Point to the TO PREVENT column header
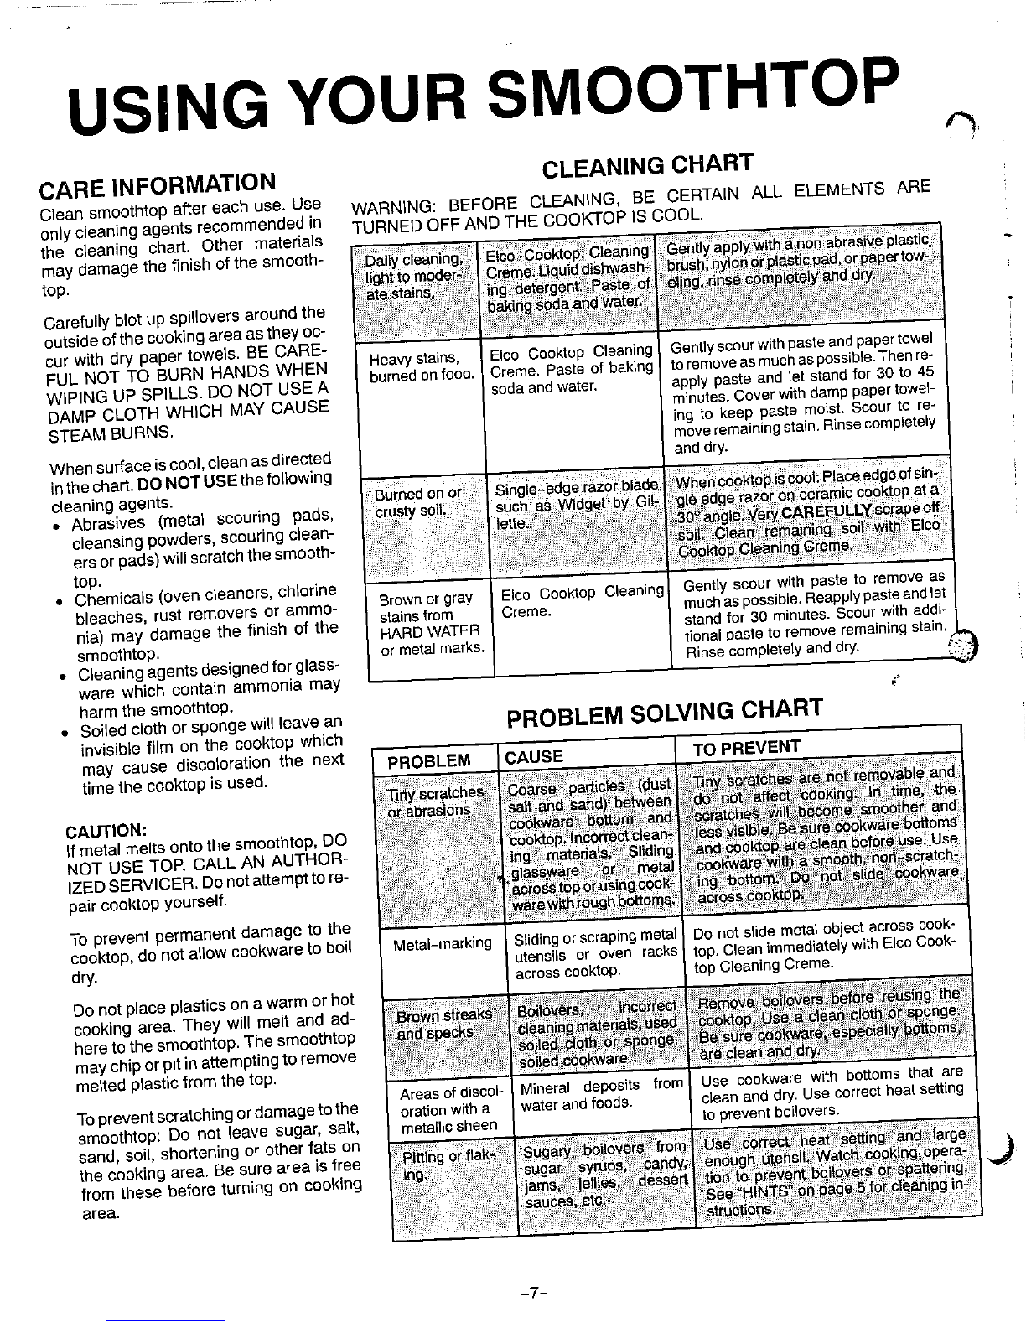point(748,747)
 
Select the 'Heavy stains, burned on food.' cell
point(421,367)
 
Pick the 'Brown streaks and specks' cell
point(443,1024)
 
